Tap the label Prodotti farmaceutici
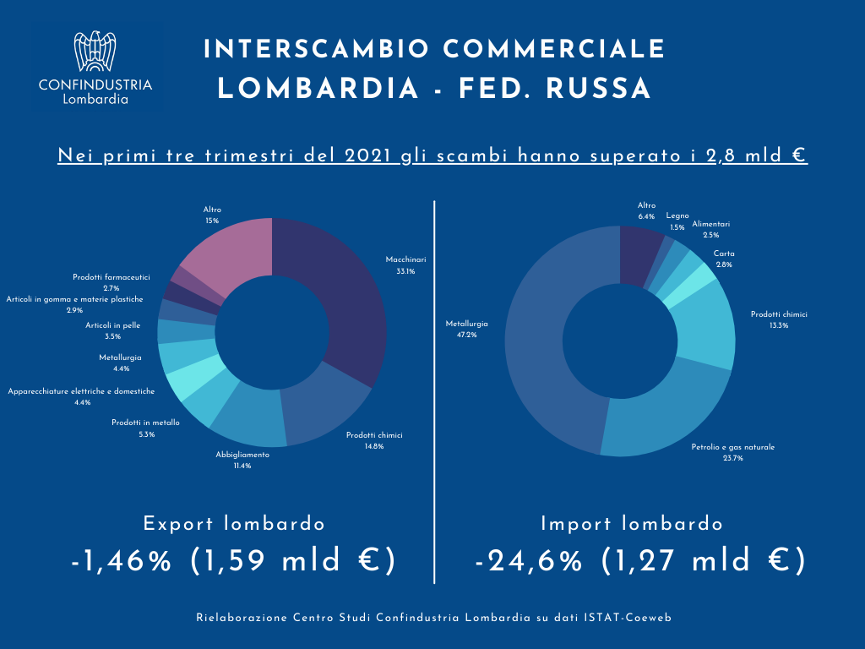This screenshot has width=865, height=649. (x=111, y=277)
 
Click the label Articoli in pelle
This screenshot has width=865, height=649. (x=113, y=325)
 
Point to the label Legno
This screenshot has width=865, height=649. (x=676, y=216)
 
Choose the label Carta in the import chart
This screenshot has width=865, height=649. (x=723, y=254)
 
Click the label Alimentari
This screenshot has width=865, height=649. (x=711, y=224)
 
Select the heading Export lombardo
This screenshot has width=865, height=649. (x=234, y=524)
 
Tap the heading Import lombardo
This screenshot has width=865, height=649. (x=632, y=524)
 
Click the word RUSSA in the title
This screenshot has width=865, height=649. (x=599, y=89)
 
